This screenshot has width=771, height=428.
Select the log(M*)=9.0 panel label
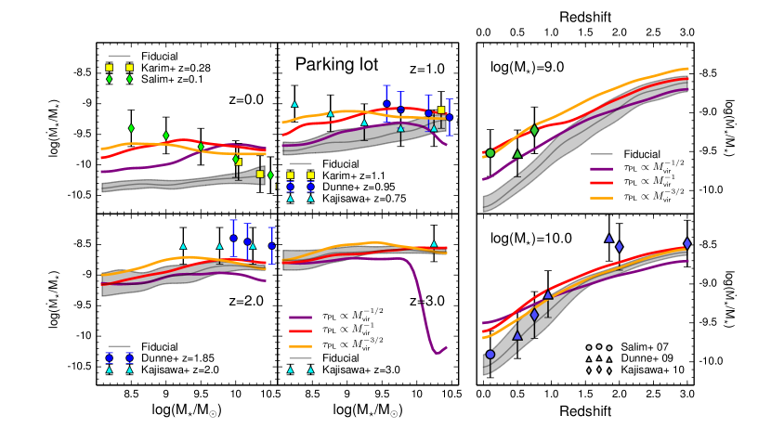coord(530,68)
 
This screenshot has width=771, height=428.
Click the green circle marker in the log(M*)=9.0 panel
coord(490,153)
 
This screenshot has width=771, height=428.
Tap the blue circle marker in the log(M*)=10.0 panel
coord(490,354)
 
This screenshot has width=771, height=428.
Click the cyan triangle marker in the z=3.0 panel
coord(434,245)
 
